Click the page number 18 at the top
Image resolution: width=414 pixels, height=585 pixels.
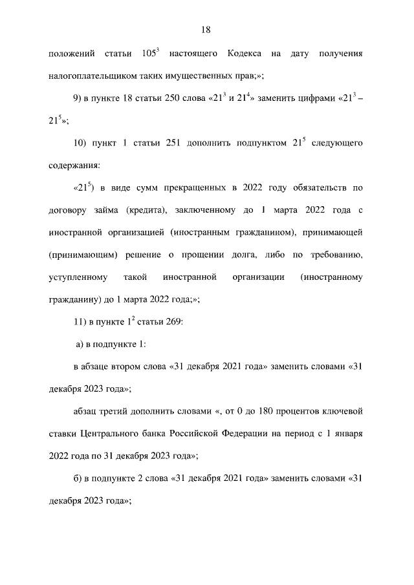[207, 29]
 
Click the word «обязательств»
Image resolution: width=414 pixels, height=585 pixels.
[320, 188]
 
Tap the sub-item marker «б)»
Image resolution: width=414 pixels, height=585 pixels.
[80, 478]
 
